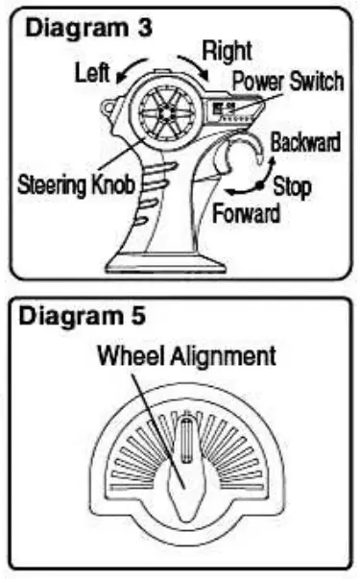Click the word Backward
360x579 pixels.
(x=303, y=143)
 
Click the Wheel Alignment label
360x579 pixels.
(x=186, y=356)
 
